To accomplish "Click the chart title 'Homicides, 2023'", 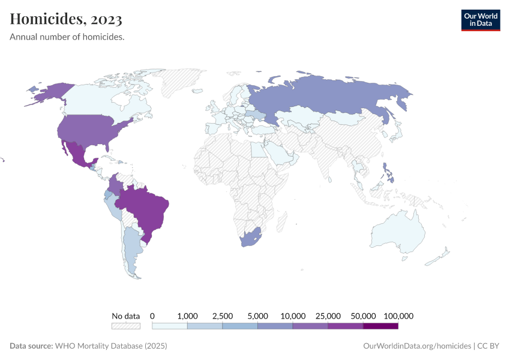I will [x=66, y=19].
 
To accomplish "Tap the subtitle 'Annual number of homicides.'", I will [x=67, y=37].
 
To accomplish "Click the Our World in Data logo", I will [x=480, y=19].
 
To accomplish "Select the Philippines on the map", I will [x=389, y=174].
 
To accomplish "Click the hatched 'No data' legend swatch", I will [x=126, y=326].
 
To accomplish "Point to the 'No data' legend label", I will [x=126, y=316].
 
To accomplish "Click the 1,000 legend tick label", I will [x=188, y=316].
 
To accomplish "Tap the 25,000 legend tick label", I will [x=328, y=316].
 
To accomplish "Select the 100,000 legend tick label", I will [x=398, y=316].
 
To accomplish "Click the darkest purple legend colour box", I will [x=380, y=326].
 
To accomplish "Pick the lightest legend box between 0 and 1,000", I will [x=170, y=326].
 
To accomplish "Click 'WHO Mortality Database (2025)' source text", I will [x=111, y=346].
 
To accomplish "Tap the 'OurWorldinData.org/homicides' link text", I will [x=417, y=346].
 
